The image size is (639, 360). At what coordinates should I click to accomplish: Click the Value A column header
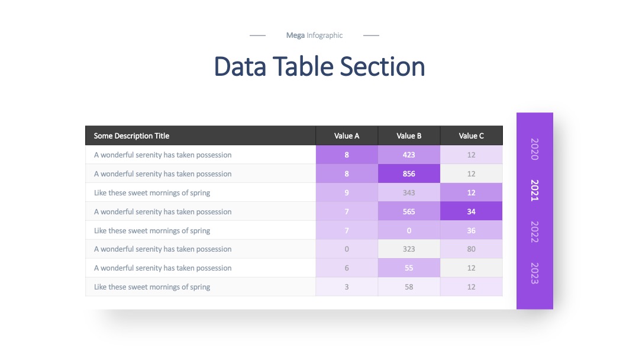[347, 136]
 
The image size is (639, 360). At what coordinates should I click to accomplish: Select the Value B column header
[409, 136]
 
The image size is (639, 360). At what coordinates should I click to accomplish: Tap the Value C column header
[472, 136]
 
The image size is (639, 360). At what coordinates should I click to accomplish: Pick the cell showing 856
[409, 173]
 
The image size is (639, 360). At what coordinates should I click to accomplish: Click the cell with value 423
[409, 155]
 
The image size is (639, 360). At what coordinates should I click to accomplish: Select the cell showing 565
[409, 211]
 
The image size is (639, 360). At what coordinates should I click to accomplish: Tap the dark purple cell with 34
[472, 211]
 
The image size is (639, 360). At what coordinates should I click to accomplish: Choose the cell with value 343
[409, 192]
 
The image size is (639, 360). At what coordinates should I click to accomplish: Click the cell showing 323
[409, 249]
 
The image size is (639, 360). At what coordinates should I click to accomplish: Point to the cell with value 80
[472, 249]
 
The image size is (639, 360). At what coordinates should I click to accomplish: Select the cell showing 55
[409, 268]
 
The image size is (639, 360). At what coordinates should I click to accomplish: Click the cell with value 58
[409, 287]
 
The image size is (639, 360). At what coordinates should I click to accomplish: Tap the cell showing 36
[472, 230]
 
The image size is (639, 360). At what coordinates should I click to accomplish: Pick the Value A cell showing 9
[347, 192]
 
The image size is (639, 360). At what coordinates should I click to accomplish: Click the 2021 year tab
[535, 191]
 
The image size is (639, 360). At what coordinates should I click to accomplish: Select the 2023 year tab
[535, 273]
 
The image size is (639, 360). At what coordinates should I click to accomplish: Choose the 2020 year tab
[535, 149]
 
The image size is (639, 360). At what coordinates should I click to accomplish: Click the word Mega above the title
[295, 36]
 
